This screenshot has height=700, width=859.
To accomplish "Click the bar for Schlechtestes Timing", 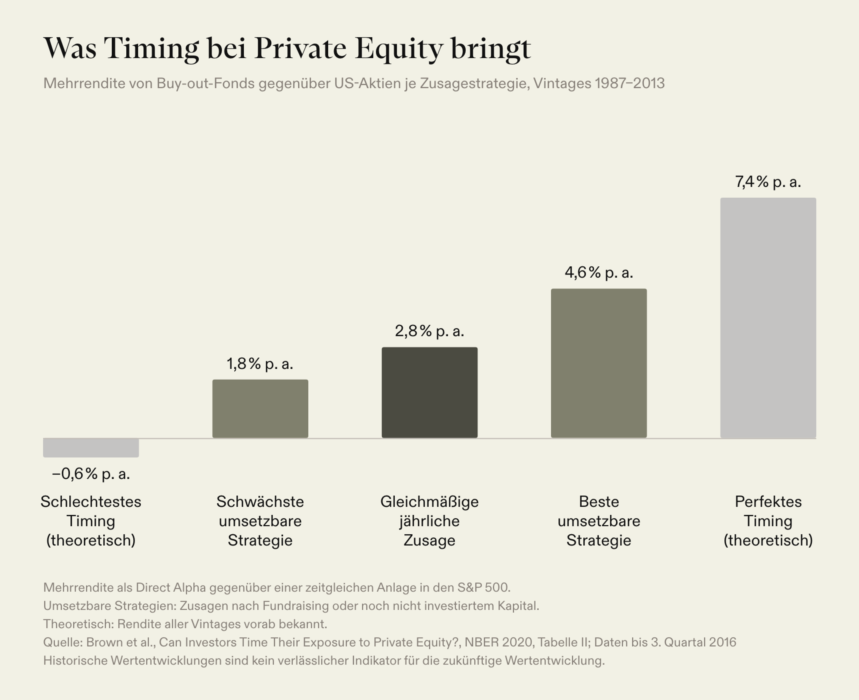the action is [x=91, y=448].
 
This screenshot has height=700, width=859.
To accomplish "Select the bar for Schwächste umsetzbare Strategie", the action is [x=260, y=408].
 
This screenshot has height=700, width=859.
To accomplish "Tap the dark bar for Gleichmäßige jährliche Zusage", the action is [x=429, y=392].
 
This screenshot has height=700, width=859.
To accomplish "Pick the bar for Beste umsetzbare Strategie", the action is [x=599, y=363].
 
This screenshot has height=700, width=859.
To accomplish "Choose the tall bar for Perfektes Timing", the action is [x=768, y=318].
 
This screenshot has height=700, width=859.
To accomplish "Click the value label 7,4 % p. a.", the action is [x=768, y=182].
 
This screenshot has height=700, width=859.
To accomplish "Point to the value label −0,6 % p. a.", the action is [x=91, y=474].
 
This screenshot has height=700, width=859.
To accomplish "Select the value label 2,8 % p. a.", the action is [x=429, y=331].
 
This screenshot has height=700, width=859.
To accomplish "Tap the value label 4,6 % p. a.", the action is [x=599, y=273].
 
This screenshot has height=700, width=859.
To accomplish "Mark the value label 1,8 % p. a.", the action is [x=260, y=364].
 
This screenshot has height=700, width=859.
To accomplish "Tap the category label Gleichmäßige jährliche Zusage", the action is [x=429, y=521].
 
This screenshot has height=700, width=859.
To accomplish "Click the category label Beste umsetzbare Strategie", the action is [x=599, y=521].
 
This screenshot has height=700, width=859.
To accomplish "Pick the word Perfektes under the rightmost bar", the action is [x=768, y=502].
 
